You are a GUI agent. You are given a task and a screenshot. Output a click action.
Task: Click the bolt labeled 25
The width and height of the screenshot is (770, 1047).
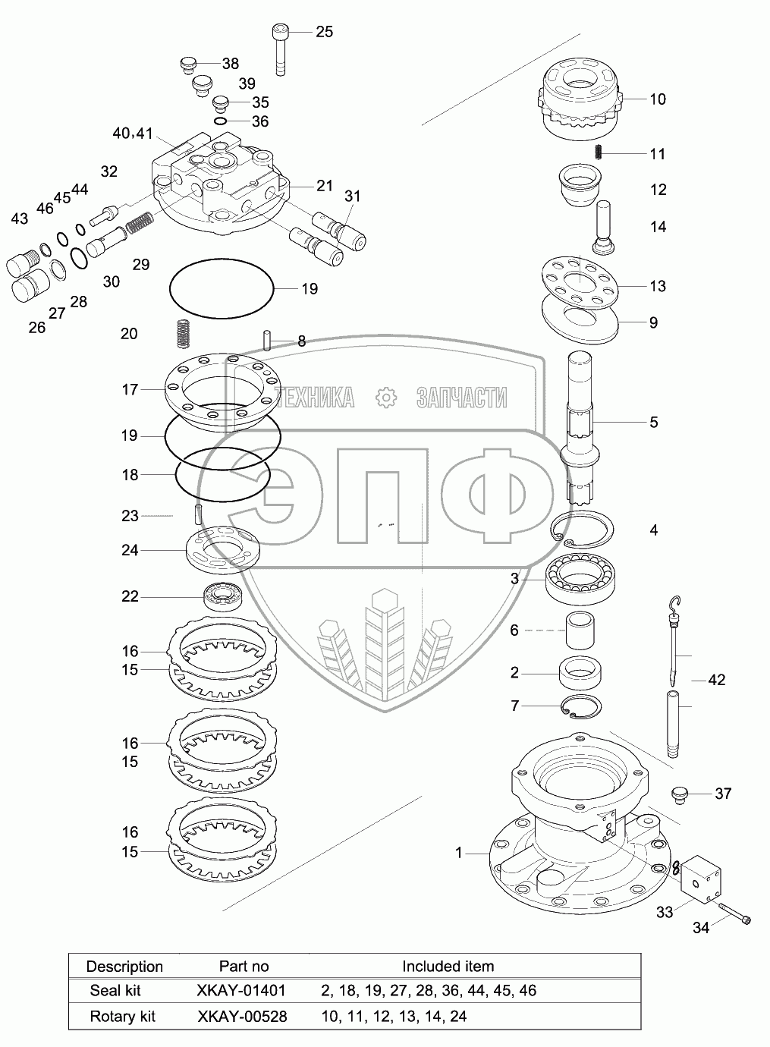(x=279, y=49)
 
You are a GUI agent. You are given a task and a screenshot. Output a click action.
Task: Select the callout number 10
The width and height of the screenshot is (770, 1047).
(x=657, y=99)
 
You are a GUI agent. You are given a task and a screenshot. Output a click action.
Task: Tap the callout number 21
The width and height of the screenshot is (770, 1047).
(x=325, y=186)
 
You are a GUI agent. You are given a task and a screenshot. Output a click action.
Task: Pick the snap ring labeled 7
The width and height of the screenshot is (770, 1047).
(x=582, y=706)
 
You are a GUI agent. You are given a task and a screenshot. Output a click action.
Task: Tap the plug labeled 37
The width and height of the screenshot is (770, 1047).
(x=679, y=794)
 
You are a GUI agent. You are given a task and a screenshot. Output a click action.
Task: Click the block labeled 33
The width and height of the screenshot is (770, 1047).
(x=699, y=880)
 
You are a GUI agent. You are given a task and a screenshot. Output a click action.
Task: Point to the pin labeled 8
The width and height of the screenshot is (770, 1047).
(x=267, y=340)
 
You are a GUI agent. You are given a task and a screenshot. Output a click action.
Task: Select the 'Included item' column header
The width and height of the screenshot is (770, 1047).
(x=448, y=966)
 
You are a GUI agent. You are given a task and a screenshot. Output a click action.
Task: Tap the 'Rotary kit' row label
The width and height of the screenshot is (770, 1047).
(x=122, y=1016)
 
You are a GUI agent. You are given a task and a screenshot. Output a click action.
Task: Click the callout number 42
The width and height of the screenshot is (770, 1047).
(x=716, y=679)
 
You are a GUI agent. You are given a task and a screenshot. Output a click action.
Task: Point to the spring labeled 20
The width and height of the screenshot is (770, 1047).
(x=182, y=332)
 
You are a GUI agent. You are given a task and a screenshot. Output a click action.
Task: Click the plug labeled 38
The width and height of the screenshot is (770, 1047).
(x=188, y=64)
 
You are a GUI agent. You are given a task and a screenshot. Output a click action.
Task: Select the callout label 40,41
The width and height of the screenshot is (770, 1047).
(x=132, y=134)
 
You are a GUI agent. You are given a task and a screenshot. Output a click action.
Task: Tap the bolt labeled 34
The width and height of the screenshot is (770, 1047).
(x=731, y=913)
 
